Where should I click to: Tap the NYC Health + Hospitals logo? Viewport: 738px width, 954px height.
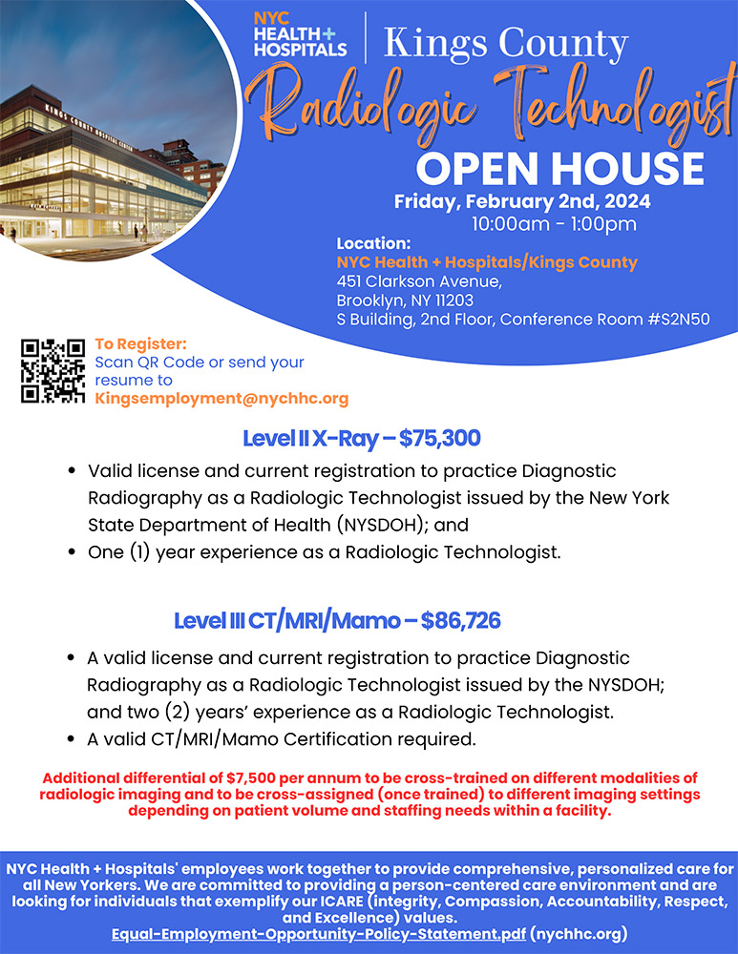(x=300, y=34)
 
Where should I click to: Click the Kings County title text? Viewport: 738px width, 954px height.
(x=505, y=43)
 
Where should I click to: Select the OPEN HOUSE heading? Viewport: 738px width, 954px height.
(x=559, y=168)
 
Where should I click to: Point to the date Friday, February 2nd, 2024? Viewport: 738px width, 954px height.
(x=522, y=201)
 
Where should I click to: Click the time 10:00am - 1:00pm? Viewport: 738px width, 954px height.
(x=554, y=225)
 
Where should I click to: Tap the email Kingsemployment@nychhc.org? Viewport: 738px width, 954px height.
(x=221, y=399)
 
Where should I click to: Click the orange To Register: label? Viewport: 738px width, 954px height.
(x=140, y=343)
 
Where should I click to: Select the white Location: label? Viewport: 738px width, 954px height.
(x=373, y=243)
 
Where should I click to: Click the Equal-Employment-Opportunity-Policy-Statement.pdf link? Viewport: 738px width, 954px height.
(x=317, y=933)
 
